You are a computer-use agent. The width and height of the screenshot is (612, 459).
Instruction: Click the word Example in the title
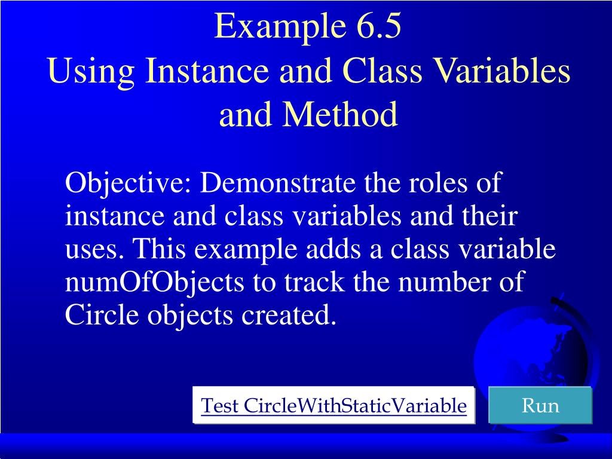tap(267, 27)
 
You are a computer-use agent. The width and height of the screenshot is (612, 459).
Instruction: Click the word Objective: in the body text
tap(128, 183)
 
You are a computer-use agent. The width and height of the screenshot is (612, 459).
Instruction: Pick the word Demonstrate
tap(277, 182)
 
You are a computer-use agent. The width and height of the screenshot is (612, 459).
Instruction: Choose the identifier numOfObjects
tap(154, 283)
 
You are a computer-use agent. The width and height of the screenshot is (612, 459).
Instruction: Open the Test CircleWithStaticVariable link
tap(333, 406)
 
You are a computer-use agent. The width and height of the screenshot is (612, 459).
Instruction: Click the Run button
tap(540, 406)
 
